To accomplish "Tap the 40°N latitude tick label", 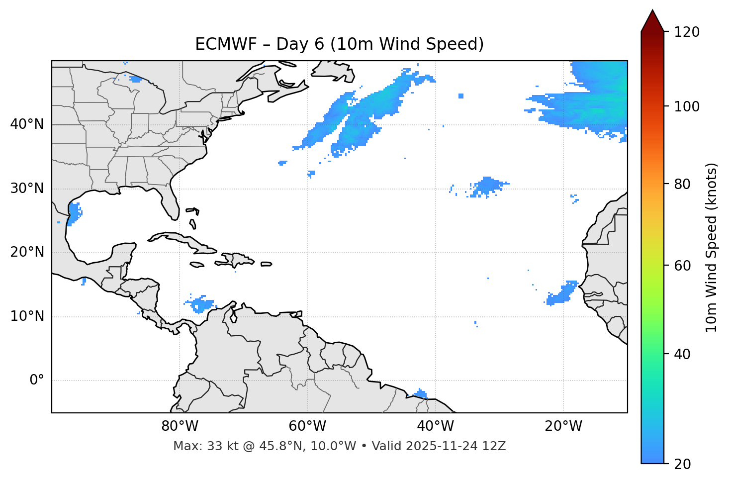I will click(x=27, y=124).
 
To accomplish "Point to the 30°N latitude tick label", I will click(x=27, y=189).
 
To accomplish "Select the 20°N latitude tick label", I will click(x=27, y=252).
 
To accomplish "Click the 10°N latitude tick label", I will click(x=27, y=316).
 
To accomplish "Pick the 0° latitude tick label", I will click(x=37, y=381).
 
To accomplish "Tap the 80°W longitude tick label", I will click(x=180, y=426).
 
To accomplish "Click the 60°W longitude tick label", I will click(x=307, y=426).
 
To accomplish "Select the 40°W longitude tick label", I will click(x=435, y=426).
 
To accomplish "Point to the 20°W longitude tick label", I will click(x=563, y=426).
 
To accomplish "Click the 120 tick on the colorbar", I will click(x=687, y=32).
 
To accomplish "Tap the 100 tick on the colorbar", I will click(x=687, y=106).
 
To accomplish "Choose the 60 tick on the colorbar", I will click(x=684, y=266).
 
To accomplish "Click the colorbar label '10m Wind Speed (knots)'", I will click(x=712, y=248).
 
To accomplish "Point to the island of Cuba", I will click(x=184, y=241).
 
